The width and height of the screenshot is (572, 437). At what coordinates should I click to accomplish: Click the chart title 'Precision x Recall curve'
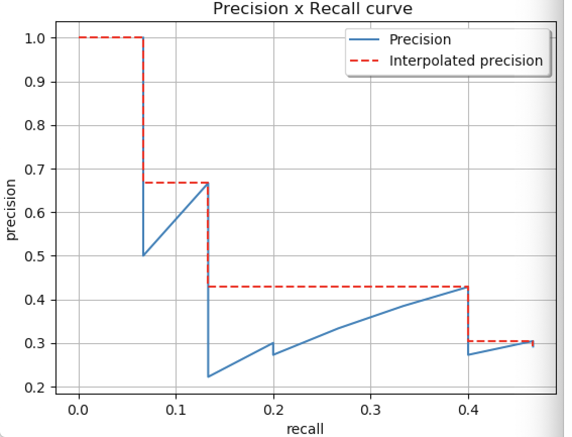pyautogui.click(x=312, y=9)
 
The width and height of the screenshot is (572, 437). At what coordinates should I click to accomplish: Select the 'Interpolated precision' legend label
pyautogui.click(x=466, y=61)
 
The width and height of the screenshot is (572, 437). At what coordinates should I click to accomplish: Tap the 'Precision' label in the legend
pyautogui.click(x=420, y=39)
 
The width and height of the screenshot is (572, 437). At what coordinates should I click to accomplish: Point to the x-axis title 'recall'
pyautogui.click(x=305, y=429)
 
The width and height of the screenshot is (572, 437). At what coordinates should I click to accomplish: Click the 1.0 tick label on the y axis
pyautogui.click(x=35, y=38)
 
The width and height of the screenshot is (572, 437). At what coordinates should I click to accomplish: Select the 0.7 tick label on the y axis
pyautogui.click(x=35, y=169)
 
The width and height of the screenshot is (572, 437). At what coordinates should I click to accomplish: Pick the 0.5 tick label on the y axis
pyautogui.click(x=35, y=256)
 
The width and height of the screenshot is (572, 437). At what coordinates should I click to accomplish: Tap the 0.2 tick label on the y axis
pyautogui.click(x=35, y=388)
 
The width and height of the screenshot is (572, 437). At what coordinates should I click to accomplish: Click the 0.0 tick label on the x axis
pyautogui.click(x=79, y=408)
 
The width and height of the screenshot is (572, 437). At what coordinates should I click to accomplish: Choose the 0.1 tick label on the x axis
pyautogui.click(x=176, y=408)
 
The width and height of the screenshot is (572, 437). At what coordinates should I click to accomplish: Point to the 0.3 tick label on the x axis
pyautogui.click(x=371, y=408)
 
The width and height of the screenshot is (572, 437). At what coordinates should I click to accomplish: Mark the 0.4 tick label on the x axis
pyautogui.click(x=468, y=408)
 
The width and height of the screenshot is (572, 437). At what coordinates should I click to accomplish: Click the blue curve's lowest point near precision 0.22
pyautogui.click(x=208, y=376)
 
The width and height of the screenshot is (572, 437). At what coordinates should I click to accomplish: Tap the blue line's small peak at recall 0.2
pyautogui.click(x=273, y=343)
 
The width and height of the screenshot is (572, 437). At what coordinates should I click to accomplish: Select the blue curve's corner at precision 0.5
pyautogui.click(x=144, y=255)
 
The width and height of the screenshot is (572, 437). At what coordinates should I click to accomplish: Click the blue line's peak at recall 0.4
pyautogui.click(x=468, y=288)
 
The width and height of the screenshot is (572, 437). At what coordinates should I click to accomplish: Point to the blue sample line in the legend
pyautogui.click(x=364, y=39)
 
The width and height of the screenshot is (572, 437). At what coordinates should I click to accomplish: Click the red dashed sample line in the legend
pyautogui.click(x=364, y=61)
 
